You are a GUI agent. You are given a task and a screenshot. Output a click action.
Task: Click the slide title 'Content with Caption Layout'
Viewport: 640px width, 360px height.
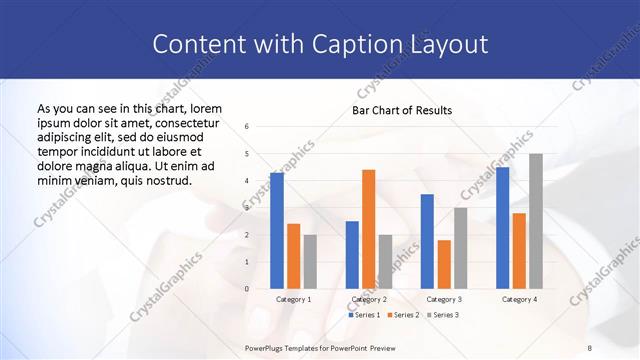pos(320,45)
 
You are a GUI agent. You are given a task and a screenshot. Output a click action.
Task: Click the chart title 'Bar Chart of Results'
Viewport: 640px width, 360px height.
pos(401,110)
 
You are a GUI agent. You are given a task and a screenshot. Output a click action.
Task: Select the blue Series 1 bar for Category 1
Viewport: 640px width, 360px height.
pos(276,231)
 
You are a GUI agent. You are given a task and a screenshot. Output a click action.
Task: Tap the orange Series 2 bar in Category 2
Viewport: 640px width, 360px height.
pos(368,229)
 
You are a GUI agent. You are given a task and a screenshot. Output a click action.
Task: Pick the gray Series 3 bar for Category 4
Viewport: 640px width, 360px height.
pos(536,221)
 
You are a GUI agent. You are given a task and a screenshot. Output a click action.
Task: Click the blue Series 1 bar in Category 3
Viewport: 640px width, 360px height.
pos(427,241)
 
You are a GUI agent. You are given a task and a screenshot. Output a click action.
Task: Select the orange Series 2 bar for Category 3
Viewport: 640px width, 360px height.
pos(444,264)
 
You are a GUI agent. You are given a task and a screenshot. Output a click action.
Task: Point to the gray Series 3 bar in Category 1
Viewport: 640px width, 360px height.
pos(310,261)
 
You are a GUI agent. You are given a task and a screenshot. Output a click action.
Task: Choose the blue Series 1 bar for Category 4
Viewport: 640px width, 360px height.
pos(502,228)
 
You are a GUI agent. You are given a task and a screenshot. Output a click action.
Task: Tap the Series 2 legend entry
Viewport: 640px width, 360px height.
pos(402,315)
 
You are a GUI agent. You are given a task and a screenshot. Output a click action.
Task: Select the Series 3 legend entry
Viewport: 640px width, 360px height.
pos(443,315)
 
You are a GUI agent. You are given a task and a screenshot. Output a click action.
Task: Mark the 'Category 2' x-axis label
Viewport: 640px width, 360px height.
pos(368,299)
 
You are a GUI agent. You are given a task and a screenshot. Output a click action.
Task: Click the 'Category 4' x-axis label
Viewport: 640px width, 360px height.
pos(519,299)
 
